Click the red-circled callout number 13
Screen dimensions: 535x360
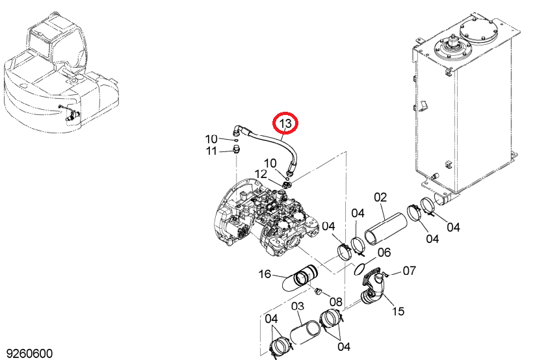(285, 123)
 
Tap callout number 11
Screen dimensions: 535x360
(211, 151)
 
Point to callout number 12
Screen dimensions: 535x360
(261, 174)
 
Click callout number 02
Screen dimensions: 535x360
(380, 198)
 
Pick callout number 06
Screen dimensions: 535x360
(384, 253)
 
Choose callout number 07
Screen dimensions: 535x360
(409, 270)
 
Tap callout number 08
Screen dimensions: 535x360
(335, 302)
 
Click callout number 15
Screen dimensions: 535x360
(398, 311)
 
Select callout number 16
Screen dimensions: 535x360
(265, 274)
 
